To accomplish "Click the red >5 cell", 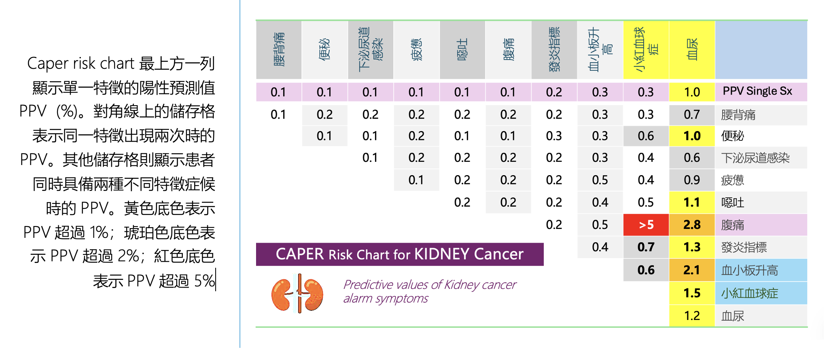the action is (646, 225).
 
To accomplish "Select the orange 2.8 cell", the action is (692, 225).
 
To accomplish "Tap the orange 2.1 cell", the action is (692, 270).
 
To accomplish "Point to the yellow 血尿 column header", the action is (692, 50).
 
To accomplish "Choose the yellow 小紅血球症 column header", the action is (646, 50).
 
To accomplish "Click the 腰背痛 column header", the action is (279, 50).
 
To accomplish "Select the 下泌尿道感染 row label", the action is (755, 158).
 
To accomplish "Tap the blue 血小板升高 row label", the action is (750, 270).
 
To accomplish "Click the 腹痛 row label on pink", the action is (733, 225).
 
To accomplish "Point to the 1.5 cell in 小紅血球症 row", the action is (692, 293).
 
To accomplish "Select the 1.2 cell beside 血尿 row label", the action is (692, 316).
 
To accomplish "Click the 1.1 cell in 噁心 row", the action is (692, 202).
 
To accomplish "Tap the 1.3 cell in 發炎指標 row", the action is (692, 247).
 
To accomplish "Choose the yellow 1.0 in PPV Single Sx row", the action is (692, 92).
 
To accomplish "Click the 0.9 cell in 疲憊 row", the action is (692, 180).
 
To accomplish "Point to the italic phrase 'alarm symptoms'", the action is (386, 299).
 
